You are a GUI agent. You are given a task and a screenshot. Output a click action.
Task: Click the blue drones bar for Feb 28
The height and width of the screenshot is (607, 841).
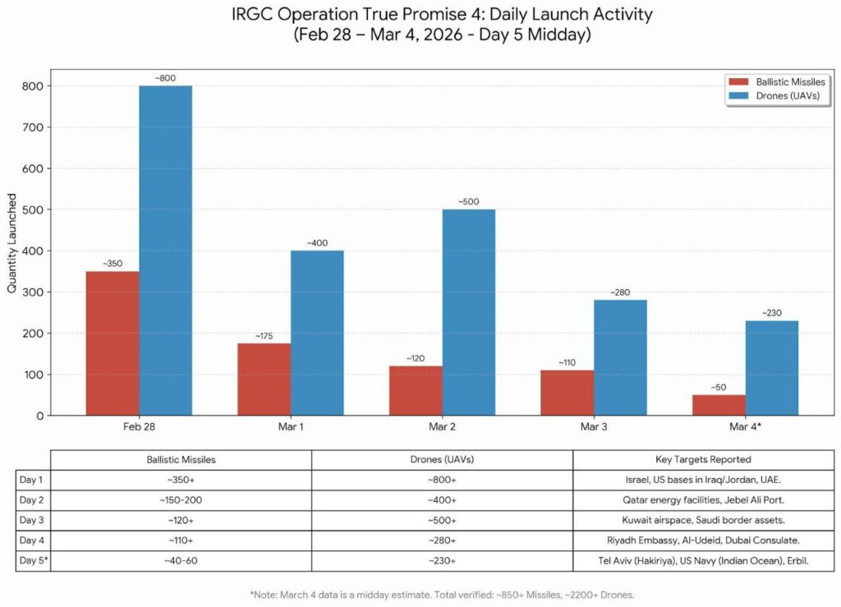165,251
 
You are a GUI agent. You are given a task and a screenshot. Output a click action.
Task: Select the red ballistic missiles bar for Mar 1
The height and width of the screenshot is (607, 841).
264,379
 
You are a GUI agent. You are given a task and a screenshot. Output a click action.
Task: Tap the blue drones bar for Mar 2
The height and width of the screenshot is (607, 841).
468,312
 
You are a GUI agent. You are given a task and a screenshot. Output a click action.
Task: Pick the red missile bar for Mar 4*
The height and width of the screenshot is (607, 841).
719,405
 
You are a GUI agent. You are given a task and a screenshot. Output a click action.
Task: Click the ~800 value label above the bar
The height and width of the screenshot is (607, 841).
167,78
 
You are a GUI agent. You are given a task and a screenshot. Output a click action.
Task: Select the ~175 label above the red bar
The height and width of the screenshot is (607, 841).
265,335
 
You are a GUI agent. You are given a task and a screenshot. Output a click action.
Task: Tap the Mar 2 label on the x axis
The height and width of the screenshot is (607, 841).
442,429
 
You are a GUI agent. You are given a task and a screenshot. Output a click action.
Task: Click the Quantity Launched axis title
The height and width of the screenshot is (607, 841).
12,243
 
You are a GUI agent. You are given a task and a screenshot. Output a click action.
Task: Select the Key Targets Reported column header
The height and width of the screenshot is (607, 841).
703,459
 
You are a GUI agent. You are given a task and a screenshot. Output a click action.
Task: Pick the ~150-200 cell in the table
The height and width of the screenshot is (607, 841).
181,499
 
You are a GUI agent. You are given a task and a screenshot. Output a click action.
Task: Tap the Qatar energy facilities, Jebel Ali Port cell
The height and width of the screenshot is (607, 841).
703,499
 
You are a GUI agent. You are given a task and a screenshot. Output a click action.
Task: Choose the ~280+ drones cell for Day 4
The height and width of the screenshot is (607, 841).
442,540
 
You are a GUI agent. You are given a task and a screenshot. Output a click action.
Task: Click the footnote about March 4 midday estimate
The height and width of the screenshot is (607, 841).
442,594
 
